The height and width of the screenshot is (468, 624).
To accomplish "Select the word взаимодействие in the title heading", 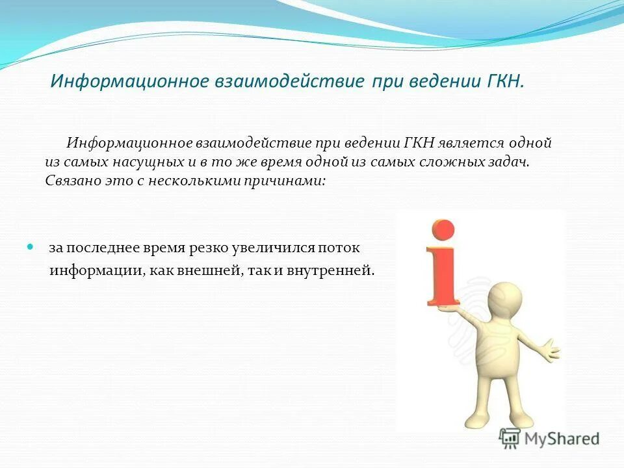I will pyautogui.click(x=291, y=82).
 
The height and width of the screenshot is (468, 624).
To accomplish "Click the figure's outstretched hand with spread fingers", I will pyautogui.click(x=550, y=350).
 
